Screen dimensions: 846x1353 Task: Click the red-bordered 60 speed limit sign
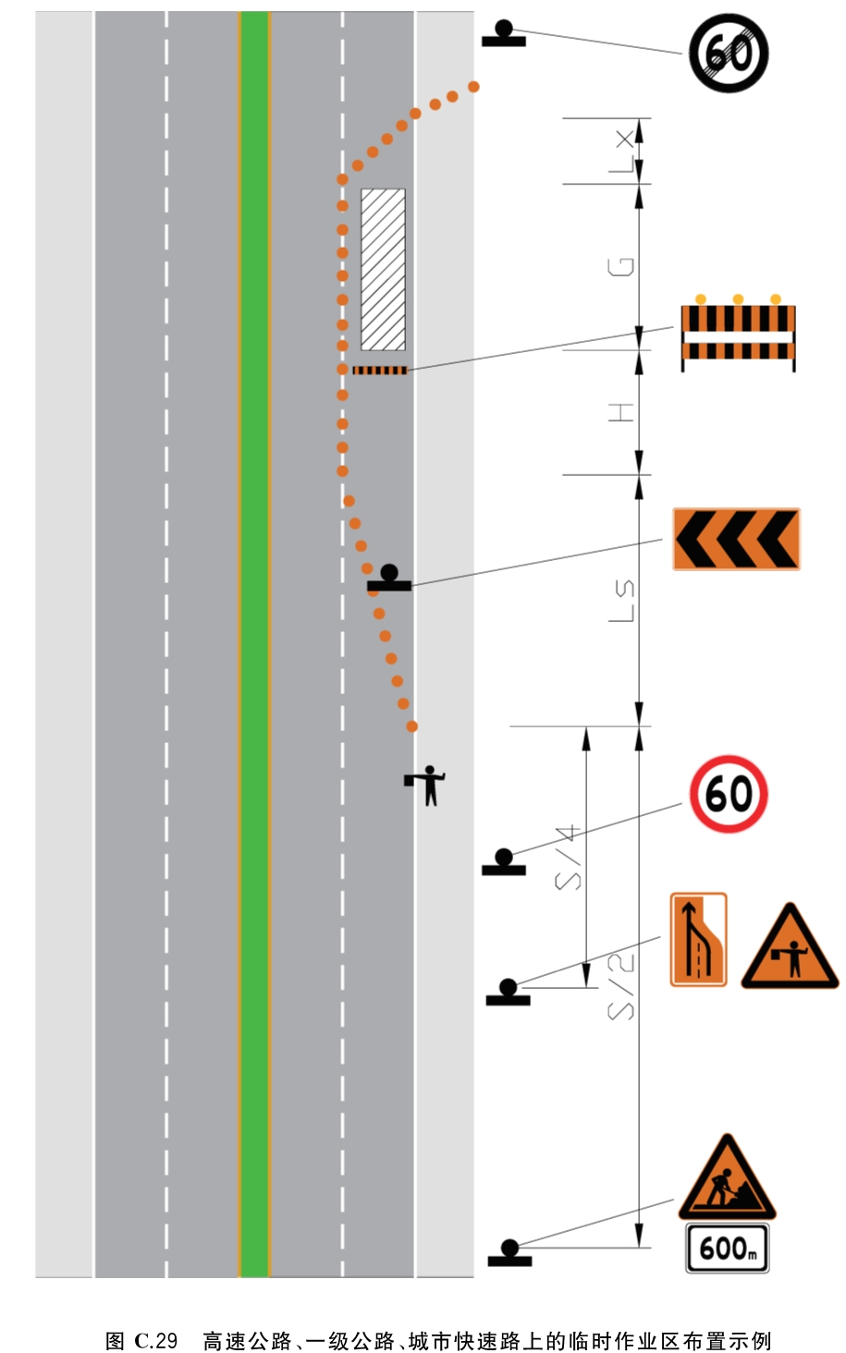[x=729, y=794]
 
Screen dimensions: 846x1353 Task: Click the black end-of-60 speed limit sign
[x=729, y=54]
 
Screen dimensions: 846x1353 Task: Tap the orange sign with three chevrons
[x=737, y=539]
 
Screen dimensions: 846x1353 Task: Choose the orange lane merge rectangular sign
[x=699, y=939]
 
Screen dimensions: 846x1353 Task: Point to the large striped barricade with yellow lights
[x=738, y=334]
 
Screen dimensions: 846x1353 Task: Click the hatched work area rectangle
[x=383, y=269]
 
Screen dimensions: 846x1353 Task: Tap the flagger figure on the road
[x=426, y=786]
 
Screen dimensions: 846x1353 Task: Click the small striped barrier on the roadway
[x=380, y=371]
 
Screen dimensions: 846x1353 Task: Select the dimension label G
[x=621, y=266]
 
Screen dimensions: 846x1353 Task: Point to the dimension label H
[x=621, y=412]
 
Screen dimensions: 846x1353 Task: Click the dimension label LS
[x=621, y=601]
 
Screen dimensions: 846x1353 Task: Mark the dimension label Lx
[x=621, y=152]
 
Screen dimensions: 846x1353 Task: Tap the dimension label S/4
[x=568, y=858]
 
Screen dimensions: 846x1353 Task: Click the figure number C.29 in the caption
[x=156, y=1340]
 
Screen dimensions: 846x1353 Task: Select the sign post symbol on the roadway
[x=389, y=578]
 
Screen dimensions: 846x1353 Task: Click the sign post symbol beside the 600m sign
[x=509, y=1252]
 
